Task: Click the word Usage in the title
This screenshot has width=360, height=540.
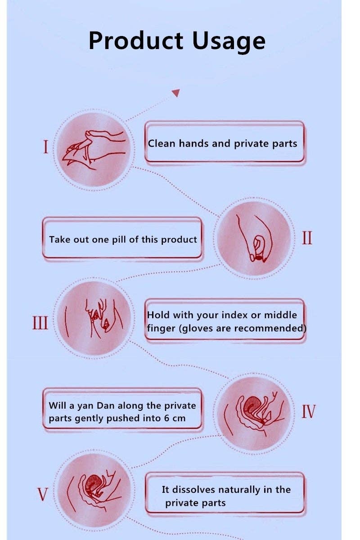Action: tap(229, 41)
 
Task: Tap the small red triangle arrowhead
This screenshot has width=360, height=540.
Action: tap(176, 93)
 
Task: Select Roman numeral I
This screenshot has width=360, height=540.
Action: tap(45, 147)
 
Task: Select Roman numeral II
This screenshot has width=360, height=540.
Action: tap(307, 238)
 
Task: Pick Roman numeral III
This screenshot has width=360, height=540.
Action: tap(40, 323)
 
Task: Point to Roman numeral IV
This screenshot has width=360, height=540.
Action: tap(308, 411)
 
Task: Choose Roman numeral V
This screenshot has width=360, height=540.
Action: tap(43, 494)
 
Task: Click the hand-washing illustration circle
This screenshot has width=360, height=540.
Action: tap(94, 149)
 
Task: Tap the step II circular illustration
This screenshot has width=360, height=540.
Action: tap(254, 238)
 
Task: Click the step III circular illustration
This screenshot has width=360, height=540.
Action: tap(94, 318)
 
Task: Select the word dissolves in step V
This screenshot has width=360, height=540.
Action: tap(193, 490)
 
